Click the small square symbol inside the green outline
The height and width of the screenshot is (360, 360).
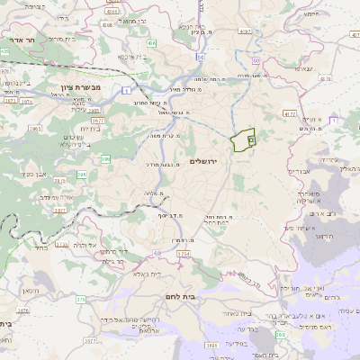pyautogui.click(x=251, y=139)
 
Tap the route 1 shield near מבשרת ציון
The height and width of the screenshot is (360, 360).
pyautogui.click(x=134, y=90)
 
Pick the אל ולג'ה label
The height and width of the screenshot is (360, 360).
pyautogui.click(x=85, y=246)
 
